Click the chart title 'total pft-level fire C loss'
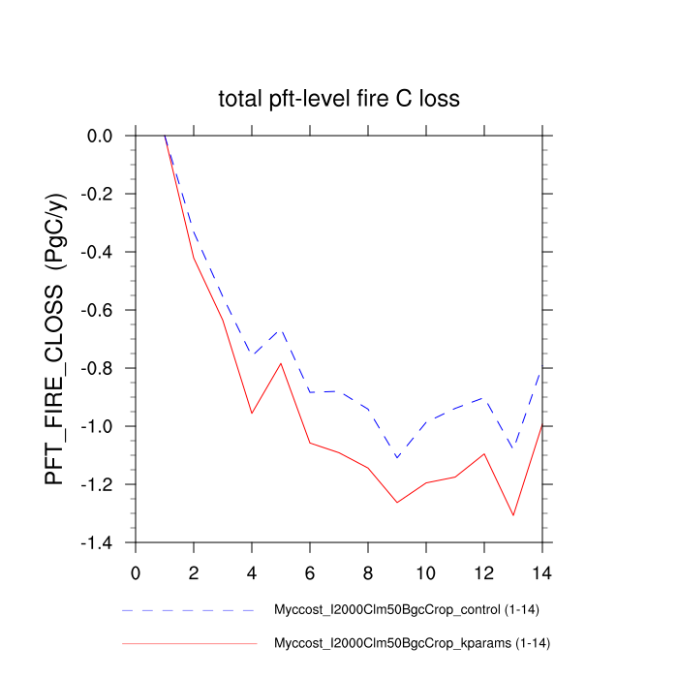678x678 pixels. point(338,99)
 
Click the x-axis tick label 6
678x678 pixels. point(310,570)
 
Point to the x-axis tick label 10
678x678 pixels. point(426,570)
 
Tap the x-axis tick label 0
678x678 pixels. point(136,570)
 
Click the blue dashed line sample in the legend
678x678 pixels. point(189,611)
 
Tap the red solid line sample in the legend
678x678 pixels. point(189,643)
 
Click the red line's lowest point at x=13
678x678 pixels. point(512,515)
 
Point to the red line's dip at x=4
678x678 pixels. point(252,414)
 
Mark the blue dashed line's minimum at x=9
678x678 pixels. point(397,458)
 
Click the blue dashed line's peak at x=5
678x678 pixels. point(281,329)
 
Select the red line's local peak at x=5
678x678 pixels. point(281,363)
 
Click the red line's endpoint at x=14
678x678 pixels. point(541,424)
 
